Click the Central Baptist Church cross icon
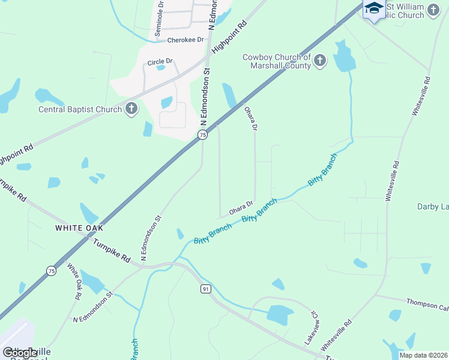pos(131,109)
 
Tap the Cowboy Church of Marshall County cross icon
pos(319,61)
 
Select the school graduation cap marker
pos(374,9)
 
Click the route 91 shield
pos(205,289)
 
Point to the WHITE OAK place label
pos(79,228)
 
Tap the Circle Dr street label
pos(160,61)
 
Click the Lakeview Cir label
pos(310,327)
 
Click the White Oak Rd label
pos(74,281)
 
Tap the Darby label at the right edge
pos(433,207)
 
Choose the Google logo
pos(20,353)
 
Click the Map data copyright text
pos(424,355)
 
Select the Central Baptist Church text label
pos(80,109)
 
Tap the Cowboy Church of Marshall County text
pos(277,61)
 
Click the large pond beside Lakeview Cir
pos(279,314)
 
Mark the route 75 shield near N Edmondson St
pos(203,135)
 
